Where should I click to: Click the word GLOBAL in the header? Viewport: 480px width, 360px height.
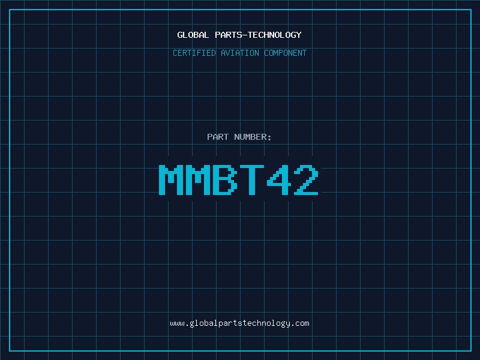[x=193, y=35]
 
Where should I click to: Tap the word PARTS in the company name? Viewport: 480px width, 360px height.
[x=229, y=35]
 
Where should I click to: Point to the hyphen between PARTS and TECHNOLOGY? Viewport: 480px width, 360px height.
[x=245, y=35]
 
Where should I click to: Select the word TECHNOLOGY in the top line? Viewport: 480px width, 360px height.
[x=275, y=35]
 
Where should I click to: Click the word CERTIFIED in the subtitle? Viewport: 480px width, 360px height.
[x=194, y=53]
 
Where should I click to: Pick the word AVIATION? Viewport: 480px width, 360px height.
[x=240, y=53]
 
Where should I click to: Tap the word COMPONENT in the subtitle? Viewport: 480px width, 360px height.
[x=286, y=53]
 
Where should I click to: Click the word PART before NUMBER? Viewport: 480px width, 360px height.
[x=218, y=137]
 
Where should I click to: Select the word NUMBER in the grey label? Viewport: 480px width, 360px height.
[x=251, y=137]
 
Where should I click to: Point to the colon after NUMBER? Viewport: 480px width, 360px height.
[x=269, y=137]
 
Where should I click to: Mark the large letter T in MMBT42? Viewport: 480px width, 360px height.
[x=252, y=180]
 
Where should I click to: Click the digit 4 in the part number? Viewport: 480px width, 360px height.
[x=279, y=180]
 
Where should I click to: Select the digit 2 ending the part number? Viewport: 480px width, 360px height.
[x=306, y=180]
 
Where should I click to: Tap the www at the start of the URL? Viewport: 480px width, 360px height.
[x=177, y=323]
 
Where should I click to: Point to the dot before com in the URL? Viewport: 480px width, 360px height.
[x=293, y=325]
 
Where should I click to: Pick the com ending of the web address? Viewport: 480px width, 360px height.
[x=302, y=323]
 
